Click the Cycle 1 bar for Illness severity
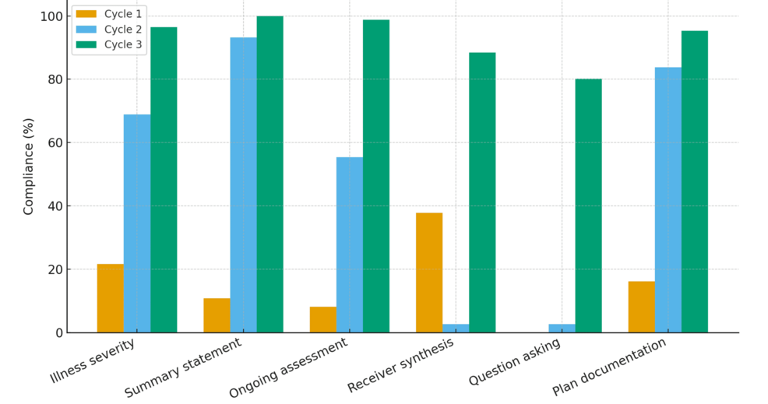[111, 298]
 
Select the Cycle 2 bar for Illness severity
[137, 223]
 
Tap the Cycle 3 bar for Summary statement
[270, 174]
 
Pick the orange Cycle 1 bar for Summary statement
[217, 315]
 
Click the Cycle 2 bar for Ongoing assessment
[349, 244]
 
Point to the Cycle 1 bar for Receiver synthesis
[429, 272]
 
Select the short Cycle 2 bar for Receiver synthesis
[456, 328]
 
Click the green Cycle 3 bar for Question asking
[588, 206]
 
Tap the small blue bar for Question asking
[562, 328]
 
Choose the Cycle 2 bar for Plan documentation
[668, 200]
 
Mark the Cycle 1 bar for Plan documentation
[641, 307]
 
